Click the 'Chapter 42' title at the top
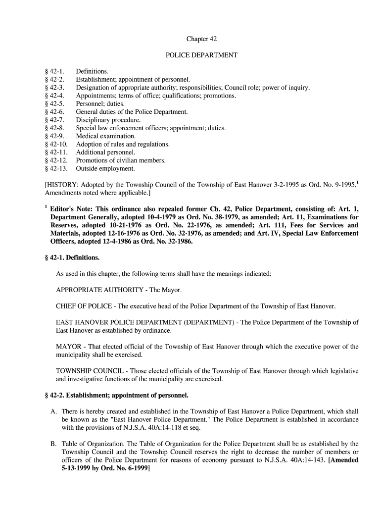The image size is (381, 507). click(x=201, y=39)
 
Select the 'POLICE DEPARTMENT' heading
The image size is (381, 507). click(x=201, y=55)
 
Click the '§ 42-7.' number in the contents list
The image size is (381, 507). click(x=55, y=120)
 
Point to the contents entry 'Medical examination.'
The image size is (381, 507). click(x=105, y=136)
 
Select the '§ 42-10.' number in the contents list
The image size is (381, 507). click(x=56, y=144)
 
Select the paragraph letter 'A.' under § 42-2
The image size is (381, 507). click(x=54, y=411)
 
